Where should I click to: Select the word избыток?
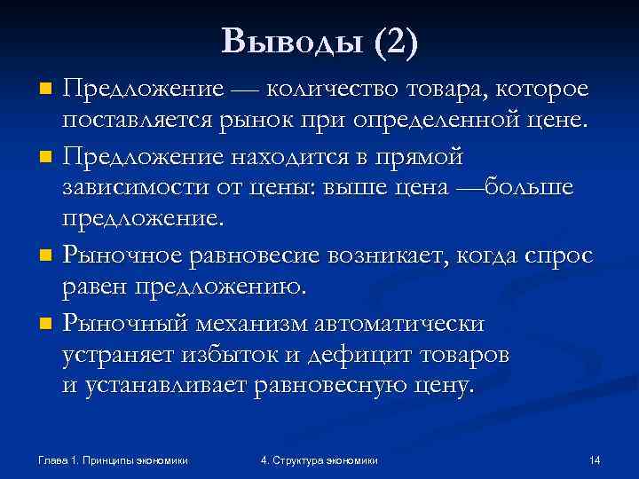pos(253,356)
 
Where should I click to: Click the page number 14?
pos(595,460)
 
